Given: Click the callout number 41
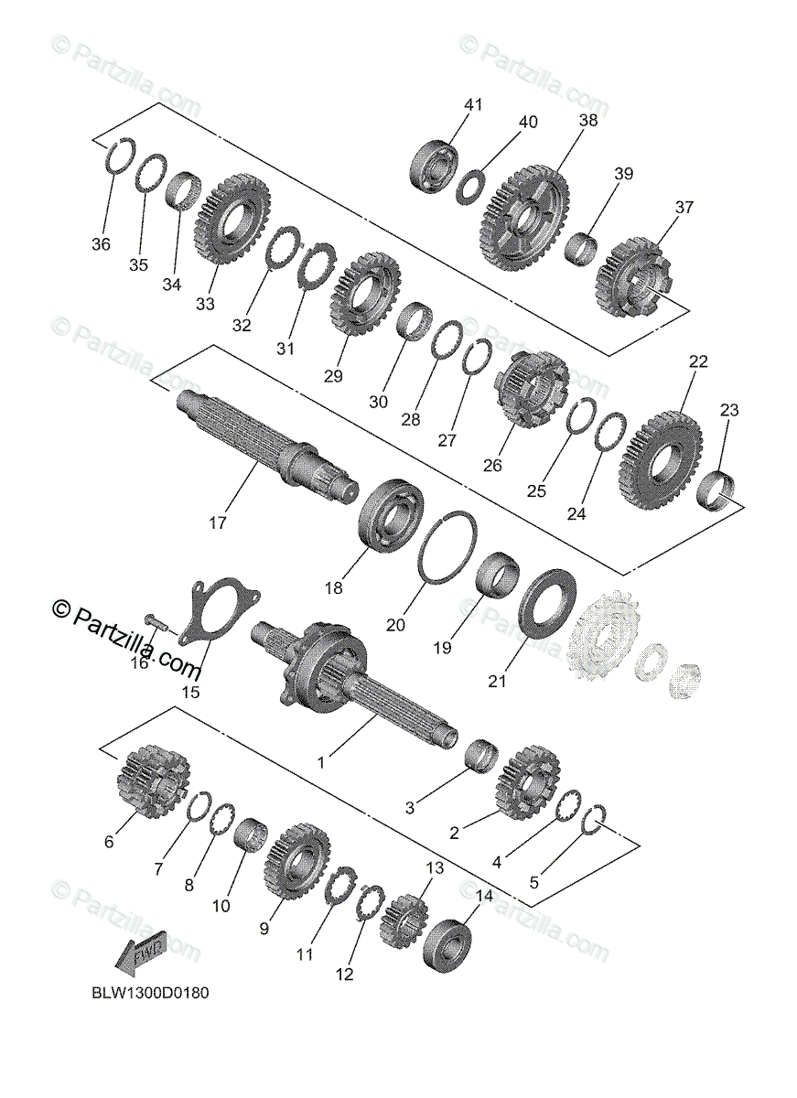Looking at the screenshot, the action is (x=472, y=105).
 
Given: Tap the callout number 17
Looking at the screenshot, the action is (x=218, y=524).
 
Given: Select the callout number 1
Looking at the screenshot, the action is (x=320, y=761).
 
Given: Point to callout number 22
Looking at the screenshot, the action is (x=698, y=362).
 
